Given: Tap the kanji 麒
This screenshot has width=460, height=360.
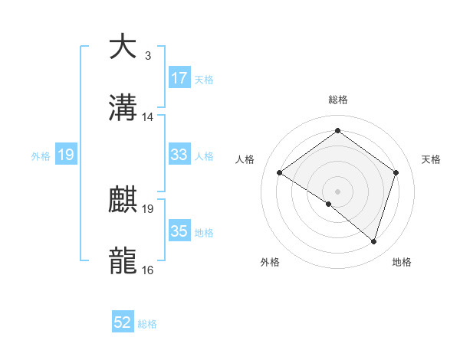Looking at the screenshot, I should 123,201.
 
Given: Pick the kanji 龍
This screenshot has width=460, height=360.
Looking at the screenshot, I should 123,261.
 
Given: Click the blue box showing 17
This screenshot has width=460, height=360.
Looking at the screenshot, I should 179,78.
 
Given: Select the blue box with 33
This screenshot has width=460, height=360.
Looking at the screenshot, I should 179,155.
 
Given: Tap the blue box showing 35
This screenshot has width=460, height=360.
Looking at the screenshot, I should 179,231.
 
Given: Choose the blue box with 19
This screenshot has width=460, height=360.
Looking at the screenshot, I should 65,155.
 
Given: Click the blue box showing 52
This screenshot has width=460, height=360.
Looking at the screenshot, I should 123,322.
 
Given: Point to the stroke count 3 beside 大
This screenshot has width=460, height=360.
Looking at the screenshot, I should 148,55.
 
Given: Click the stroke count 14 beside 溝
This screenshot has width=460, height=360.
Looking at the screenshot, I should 148,117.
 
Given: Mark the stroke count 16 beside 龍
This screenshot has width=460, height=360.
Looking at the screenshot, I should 148,270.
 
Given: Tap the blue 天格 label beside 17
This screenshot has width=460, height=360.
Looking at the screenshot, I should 204,79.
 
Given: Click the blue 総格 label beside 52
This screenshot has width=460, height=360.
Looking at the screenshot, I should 147,324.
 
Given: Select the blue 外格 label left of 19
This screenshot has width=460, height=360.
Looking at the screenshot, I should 41,155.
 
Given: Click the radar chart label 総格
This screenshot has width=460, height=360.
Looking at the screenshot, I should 337,100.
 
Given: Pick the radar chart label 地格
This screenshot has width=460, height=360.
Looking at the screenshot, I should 402,262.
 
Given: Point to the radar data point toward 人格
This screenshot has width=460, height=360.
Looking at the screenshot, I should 280,172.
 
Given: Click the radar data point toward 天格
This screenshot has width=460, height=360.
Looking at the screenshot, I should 396,172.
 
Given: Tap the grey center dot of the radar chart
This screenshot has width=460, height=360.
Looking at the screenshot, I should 337,191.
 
